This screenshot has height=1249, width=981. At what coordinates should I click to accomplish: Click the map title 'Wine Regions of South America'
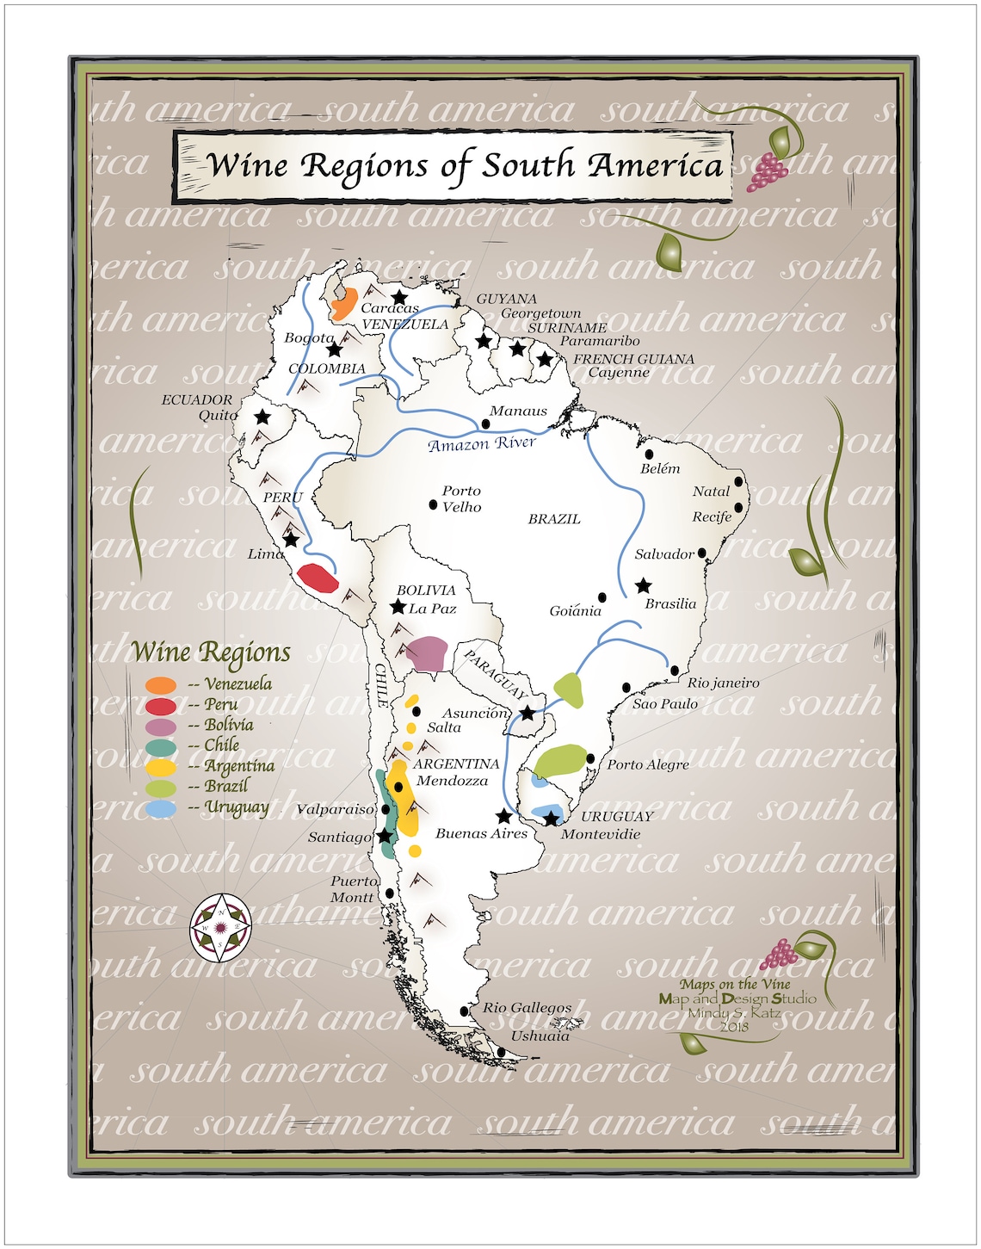465,165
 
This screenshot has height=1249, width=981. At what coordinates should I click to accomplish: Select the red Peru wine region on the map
317,577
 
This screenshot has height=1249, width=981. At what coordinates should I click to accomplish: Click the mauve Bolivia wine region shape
427,653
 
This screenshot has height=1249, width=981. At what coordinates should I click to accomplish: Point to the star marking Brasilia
643,586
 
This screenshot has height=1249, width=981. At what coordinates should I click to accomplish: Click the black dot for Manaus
485,424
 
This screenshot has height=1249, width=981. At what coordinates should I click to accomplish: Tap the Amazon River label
481,444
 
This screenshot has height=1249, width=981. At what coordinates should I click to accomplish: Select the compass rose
221,928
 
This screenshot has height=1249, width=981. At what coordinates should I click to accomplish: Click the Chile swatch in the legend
161,746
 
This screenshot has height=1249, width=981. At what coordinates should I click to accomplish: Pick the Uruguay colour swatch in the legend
161,808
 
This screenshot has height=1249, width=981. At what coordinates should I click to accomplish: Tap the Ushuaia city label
540,1036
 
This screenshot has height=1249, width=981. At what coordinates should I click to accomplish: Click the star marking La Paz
398,607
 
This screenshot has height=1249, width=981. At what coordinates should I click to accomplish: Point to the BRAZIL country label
554,519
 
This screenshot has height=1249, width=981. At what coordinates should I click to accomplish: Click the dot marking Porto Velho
434,504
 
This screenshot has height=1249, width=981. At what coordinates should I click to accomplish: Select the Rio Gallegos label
527,1007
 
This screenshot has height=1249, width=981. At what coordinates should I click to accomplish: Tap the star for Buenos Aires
504,816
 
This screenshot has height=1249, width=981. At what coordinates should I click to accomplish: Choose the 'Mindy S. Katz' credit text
733,1012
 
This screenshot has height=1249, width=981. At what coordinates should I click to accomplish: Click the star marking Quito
262,417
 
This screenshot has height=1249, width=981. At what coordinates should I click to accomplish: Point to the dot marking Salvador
702,553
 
